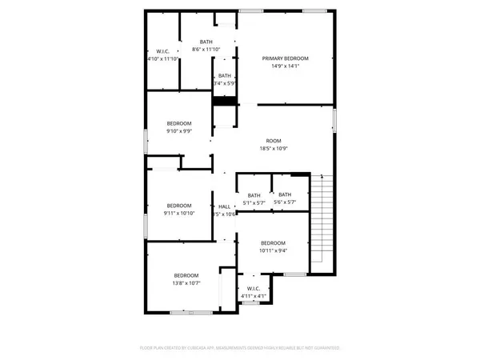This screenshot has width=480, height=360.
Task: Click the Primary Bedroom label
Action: click(286, 58)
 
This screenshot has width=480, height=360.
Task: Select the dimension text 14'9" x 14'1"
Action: click(286, 66)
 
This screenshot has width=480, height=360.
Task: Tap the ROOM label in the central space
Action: click(274, 140)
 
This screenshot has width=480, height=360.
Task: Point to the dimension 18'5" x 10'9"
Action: click(274, 148)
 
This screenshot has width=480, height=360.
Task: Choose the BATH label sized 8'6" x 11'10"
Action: click(206, 42)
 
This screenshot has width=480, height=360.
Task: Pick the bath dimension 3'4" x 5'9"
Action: click(224, 83)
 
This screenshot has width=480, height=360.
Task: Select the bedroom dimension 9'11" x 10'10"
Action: click(178, 214)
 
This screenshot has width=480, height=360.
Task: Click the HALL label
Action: click(224, 206)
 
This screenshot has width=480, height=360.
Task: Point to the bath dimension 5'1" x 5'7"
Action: click(254, 202)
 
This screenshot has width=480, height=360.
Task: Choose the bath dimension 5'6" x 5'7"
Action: click(284, 202)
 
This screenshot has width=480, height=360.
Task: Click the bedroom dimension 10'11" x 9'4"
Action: click(273, 250)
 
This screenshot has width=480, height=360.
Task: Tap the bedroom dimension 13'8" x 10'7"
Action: click(186, 282)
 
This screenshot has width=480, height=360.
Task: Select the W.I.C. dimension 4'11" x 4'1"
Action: click(253, 296)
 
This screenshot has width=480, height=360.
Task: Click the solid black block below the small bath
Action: click(224, 100)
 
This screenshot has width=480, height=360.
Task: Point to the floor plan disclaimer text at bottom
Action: click(240, 348)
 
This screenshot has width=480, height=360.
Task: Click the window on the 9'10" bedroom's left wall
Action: click(145, 142)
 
